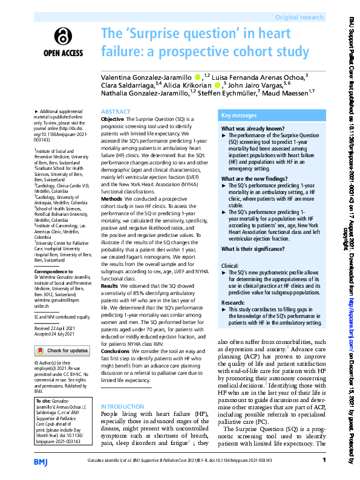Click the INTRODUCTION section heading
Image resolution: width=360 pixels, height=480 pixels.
(x=123, y=406)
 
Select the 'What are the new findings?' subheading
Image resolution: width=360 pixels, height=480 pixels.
(x=255, y=179)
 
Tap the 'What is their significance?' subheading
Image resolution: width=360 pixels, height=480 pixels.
(x=254, y=249)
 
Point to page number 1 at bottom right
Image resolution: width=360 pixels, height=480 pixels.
(x=324, y=461)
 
